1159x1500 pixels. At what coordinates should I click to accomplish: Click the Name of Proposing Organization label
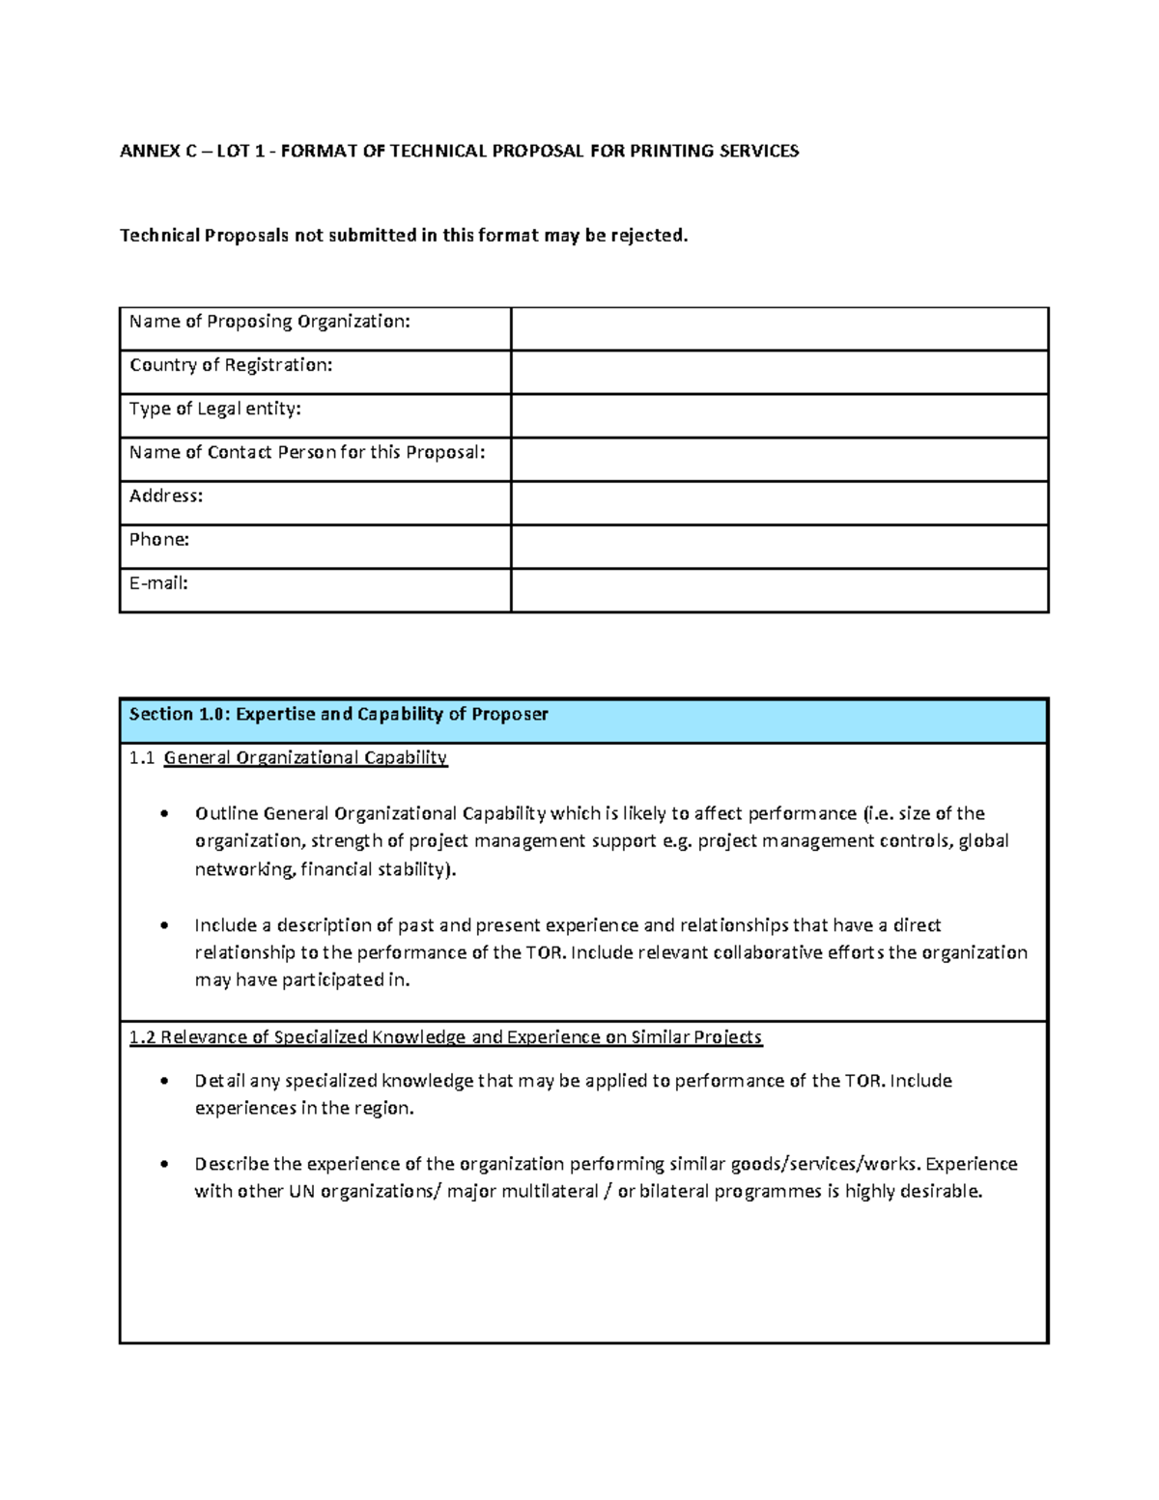pyautogui.click(x=269, y=322)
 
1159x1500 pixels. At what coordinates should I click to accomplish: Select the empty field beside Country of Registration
pyautogui.click(x=778, y=372)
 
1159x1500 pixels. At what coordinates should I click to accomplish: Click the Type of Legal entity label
pyautogui.click(x=215, y=409)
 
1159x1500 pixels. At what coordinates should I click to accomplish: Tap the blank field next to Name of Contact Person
pyautogui.click(x=778, y=459)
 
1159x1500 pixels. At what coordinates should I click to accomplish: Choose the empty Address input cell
pyautogui.click(x=778, y=503)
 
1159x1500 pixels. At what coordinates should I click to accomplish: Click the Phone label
pyautogui.click(x=159, y=539)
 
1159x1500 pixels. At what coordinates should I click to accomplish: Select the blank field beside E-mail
pyautogui.click(x=778, y=590)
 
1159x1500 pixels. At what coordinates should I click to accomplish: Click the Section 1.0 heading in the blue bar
pyautogui.click(x=338, y=714)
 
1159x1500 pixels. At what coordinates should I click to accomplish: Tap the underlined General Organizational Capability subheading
pyautogui.click(x=305, y=757)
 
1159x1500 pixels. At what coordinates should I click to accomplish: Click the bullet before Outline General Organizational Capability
pyautogui.click(x=165, y=813)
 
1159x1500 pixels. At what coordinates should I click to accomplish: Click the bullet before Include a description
pyautogui.click(x=165, y=925)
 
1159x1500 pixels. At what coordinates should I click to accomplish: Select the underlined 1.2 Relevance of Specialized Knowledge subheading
pyautogui.click(x=445, y=1037)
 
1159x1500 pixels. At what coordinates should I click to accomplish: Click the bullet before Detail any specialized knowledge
pyautogui.click(x=165, y=1081)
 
